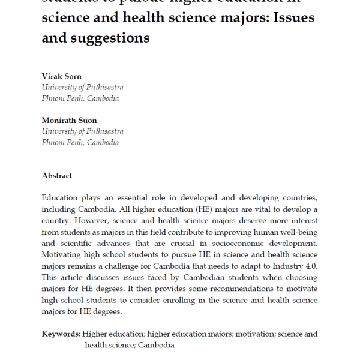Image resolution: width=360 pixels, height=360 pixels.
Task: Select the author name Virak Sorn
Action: tap(62, 77)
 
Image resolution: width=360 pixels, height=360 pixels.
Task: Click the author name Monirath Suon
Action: tap(70, 121)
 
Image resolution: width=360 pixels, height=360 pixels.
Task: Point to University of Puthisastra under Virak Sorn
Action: tap(82, 88)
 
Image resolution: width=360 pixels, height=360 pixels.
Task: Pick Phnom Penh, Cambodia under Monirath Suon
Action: tap(80, 142)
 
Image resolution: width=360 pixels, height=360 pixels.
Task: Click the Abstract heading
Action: tap(57, 176)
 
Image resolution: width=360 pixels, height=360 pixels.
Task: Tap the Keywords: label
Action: tap(61, 334)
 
